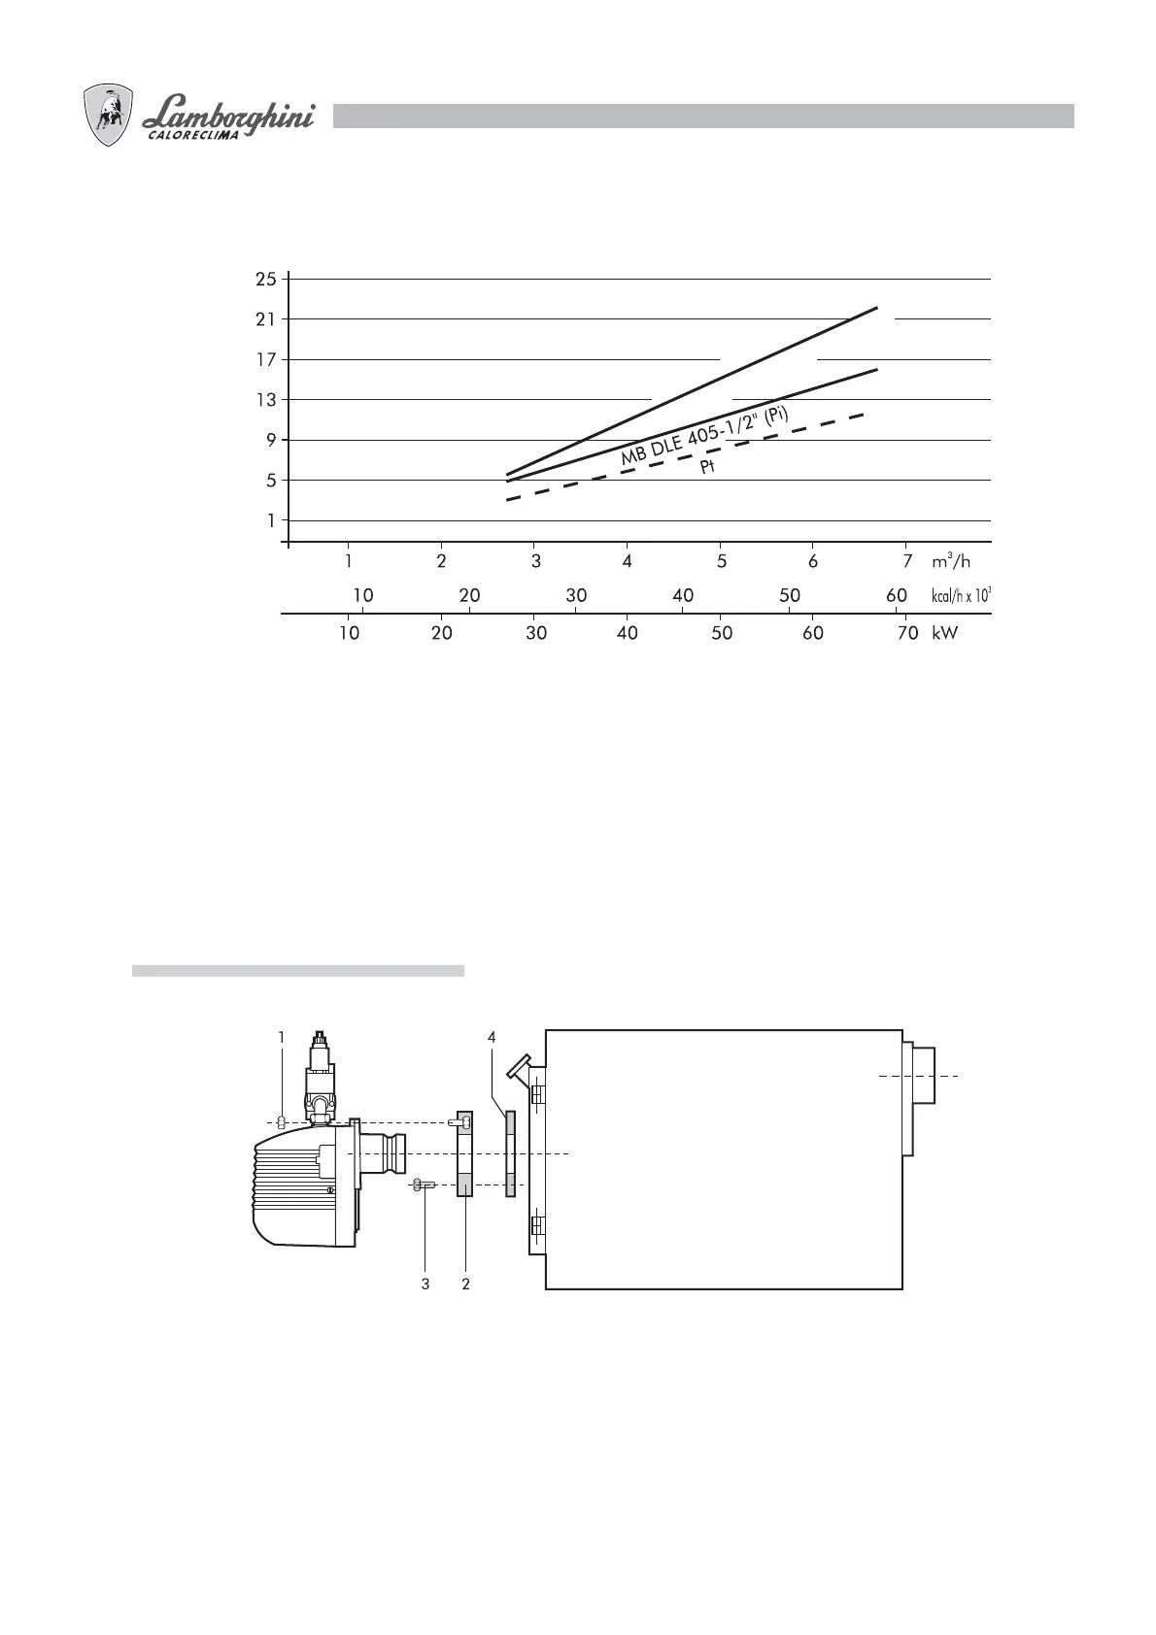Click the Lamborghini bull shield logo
coord(108,115)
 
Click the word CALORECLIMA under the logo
coord(192,135)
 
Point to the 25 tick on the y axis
coord(266,279)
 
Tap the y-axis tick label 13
coord(266,399)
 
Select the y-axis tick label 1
coord(271,520)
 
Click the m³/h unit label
coord(951,560)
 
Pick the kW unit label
coord(944,633)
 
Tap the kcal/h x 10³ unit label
coord(961,595)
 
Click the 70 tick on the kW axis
coord(907,633)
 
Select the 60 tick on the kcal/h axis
coord(896,595)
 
